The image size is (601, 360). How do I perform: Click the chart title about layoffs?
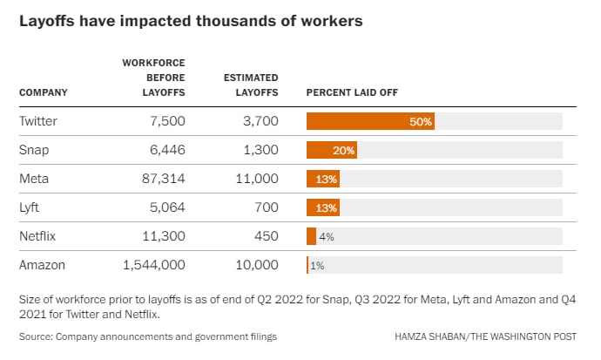coord(191,20)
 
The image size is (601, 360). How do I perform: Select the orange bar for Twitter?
coord(370,121)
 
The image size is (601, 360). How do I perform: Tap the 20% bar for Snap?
coord(332,150)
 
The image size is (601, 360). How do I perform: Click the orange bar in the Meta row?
coord(323,179)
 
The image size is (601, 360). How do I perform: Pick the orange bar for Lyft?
coord(323,207)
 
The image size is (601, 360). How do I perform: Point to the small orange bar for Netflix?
coord(311,236)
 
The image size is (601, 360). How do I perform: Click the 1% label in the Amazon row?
coord(318,265)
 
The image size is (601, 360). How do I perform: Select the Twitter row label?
coord(37,121)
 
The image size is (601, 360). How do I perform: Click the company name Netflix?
coord(38,236)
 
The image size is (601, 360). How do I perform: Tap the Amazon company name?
coord(42,265)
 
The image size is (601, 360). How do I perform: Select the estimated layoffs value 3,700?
coord(257,121)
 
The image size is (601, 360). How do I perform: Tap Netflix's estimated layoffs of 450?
coord(264,236)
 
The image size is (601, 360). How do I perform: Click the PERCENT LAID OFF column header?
coord(352,92)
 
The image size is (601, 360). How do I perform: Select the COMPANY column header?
coord(43,92)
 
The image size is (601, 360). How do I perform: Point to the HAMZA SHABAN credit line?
coord(493,336)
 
